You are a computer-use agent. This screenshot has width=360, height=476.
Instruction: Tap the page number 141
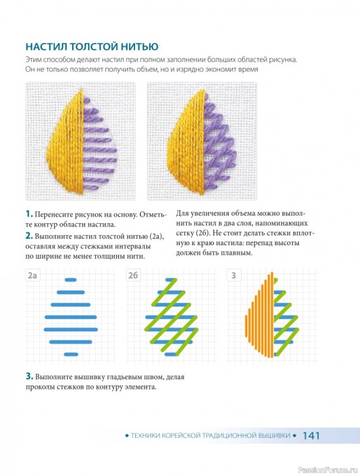[x=311, y=436]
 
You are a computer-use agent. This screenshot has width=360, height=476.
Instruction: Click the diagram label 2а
[x=33, y=275]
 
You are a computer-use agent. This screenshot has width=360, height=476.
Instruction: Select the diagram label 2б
[x=133, y=275]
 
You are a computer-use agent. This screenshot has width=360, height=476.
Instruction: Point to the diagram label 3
[x=233, y=275]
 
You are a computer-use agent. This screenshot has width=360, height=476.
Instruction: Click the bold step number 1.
[x=29, y=214]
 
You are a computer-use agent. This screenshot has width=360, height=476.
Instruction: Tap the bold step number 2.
[x=29, y=236]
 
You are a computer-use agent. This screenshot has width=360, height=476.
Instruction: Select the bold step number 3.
[x=29, y=377]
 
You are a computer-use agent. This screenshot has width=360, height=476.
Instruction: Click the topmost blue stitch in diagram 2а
[x=71, y=280]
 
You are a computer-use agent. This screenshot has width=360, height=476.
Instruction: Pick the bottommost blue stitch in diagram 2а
[x=71, y=354]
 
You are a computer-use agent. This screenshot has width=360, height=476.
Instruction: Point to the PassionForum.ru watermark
[x=328, y=469]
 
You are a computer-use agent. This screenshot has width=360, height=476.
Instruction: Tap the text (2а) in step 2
[x=156, y=236]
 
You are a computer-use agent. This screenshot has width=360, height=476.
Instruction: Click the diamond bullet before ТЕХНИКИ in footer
[x=127, y=436]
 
